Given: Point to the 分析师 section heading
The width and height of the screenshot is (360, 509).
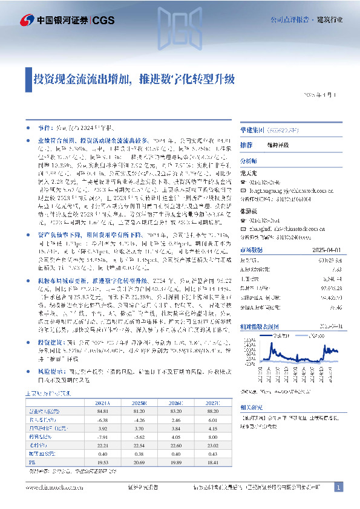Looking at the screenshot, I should click(249, 162).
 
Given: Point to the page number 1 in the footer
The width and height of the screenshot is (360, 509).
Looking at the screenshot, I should click(339, 487).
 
